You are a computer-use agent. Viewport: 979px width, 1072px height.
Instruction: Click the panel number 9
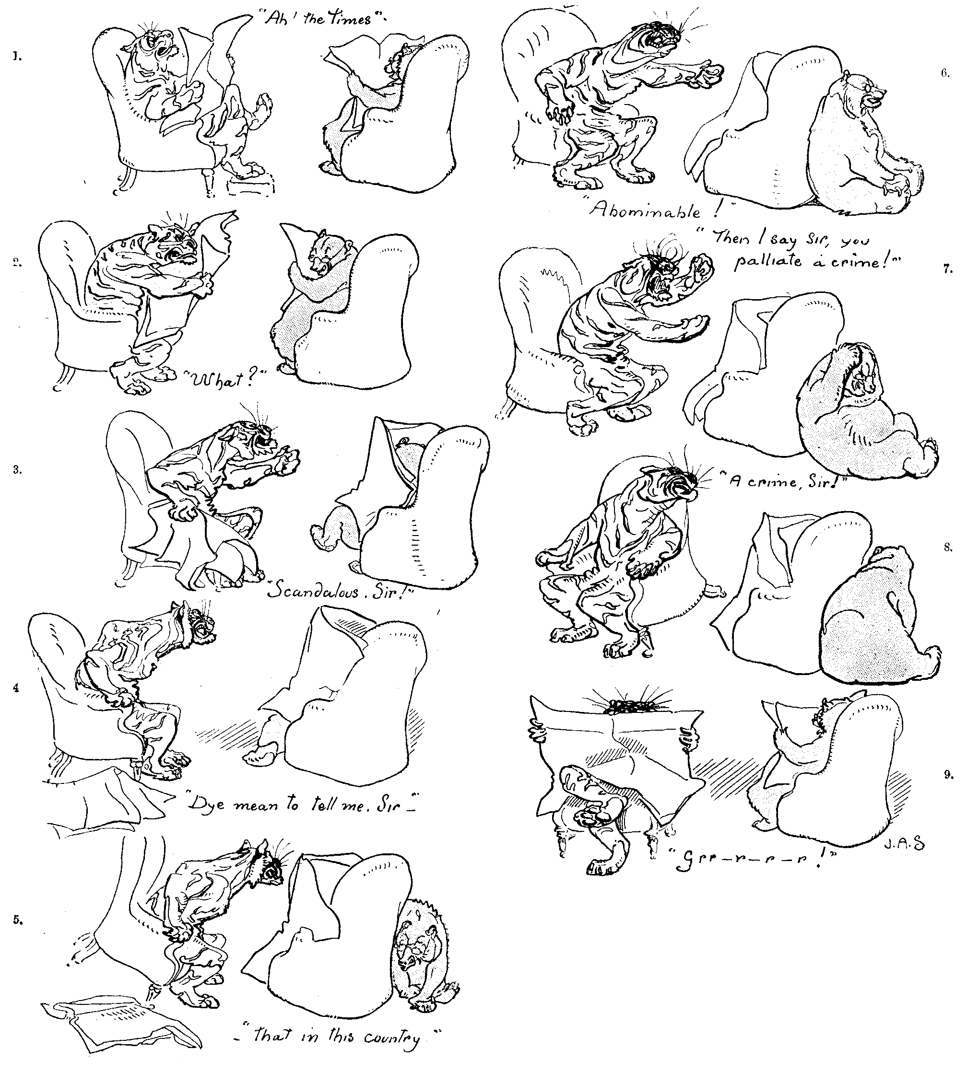pos(948,775)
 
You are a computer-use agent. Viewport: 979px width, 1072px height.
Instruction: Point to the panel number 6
pos(945,74)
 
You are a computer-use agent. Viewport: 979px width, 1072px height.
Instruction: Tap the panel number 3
pos(17,469)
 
